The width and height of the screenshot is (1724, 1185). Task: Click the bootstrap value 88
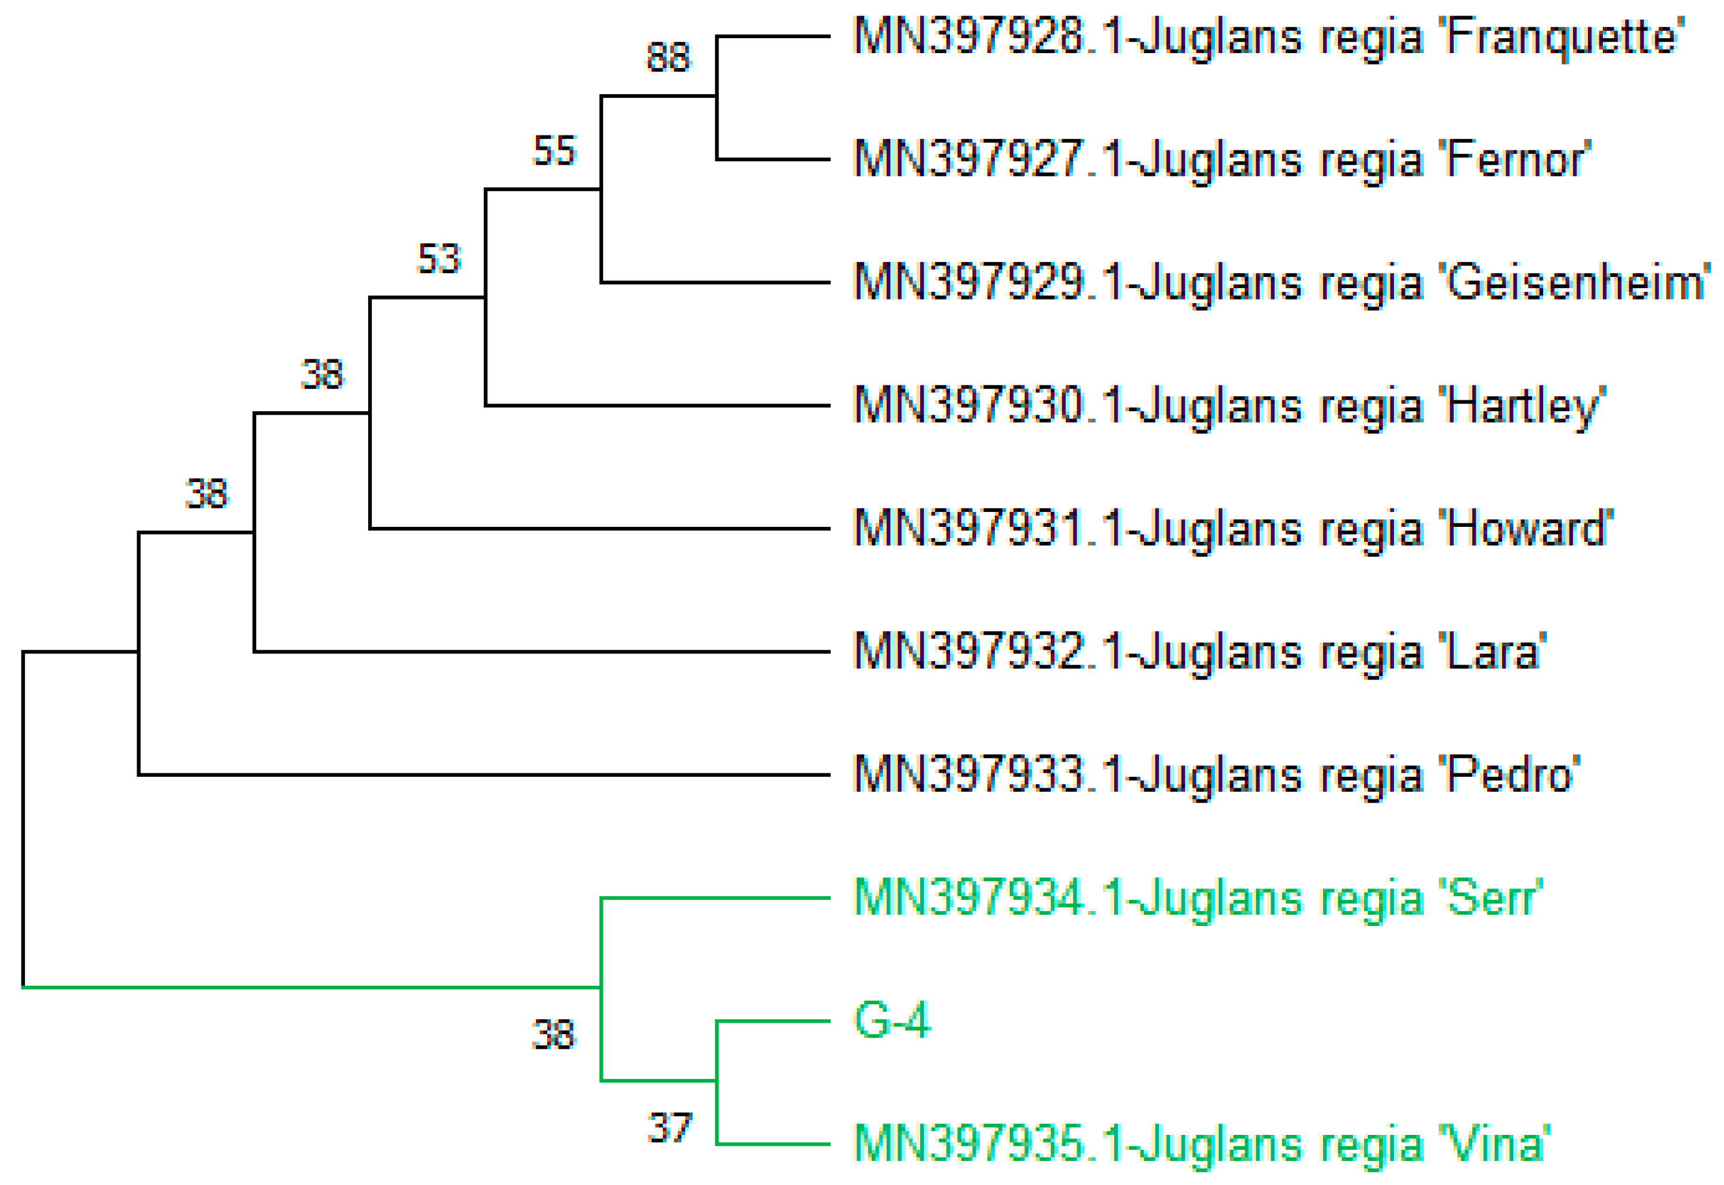point(668,57)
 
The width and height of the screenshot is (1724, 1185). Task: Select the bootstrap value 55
point(554,151)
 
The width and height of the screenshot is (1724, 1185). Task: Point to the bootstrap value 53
point(439,259)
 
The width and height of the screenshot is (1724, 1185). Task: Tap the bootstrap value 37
point(669,1128)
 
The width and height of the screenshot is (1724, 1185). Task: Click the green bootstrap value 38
point(553,1034)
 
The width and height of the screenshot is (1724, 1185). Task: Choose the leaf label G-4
point(892,1020)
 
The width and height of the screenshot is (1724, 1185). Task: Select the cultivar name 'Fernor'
point(1515,160)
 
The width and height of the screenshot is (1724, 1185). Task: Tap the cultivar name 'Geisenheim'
point(1574,283)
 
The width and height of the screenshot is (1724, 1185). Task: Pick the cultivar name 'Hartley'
point(1522,406)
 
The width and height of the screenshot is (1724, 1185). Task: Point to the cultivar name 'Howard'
point(1526,529)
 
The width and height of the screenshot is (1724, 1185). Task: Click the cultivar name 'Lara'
point(1492,652)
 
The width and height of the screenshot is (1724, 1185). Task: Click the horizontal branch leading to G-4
point(772,1021)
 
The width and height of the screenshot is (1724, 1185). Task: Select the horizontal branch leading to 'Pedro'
point(483,774)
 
